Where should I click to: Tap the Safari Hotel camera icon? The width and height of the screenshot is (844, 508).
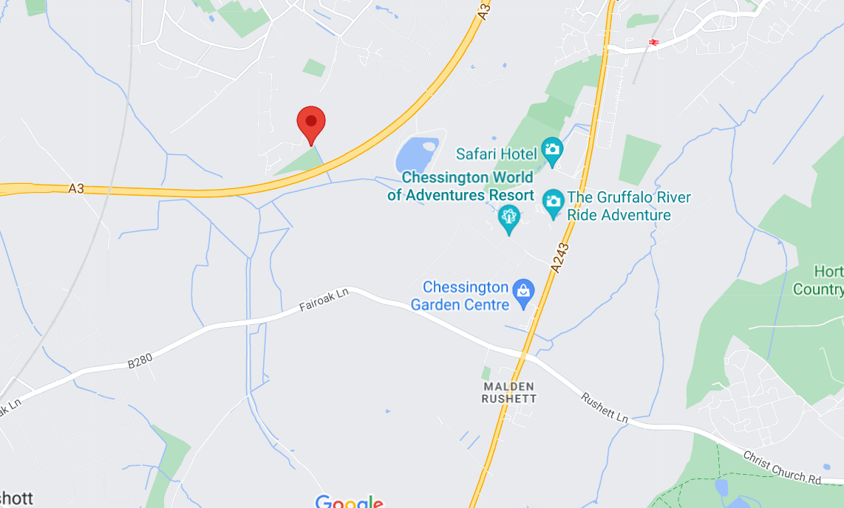(552, 151)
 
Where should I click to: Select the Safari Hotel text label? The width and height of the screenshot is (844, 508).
(496, 154)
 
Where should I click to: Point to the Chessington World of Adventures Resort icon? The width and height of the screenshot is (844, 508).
(508, 218)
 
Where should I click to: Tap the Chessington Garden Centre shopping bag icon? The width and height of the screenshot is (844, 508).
(523, 292)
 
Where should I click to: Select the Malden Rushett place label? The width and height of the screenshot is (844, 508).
(508, 392)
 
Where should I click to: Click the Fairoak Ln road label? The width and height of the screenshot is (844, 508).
(324, 303)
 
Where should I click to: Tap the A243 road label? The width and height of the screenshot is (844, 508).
(561, 256)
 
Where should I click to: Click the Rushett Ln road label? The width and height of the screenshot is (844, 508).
(604, 408)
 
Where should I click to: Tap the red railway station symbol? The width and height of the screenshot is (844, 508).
(653, 42)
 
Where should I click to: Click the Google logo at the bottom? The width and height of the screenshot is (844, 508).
(349, 502)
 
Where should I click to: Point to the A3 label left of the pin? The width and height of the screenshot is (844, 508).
(76, 189)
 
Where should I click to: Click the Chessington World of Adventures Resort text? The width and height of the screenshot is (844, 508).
(460, 186)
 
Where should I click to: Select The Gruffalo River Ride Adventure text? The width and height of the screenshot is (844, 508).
(619, 206)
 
